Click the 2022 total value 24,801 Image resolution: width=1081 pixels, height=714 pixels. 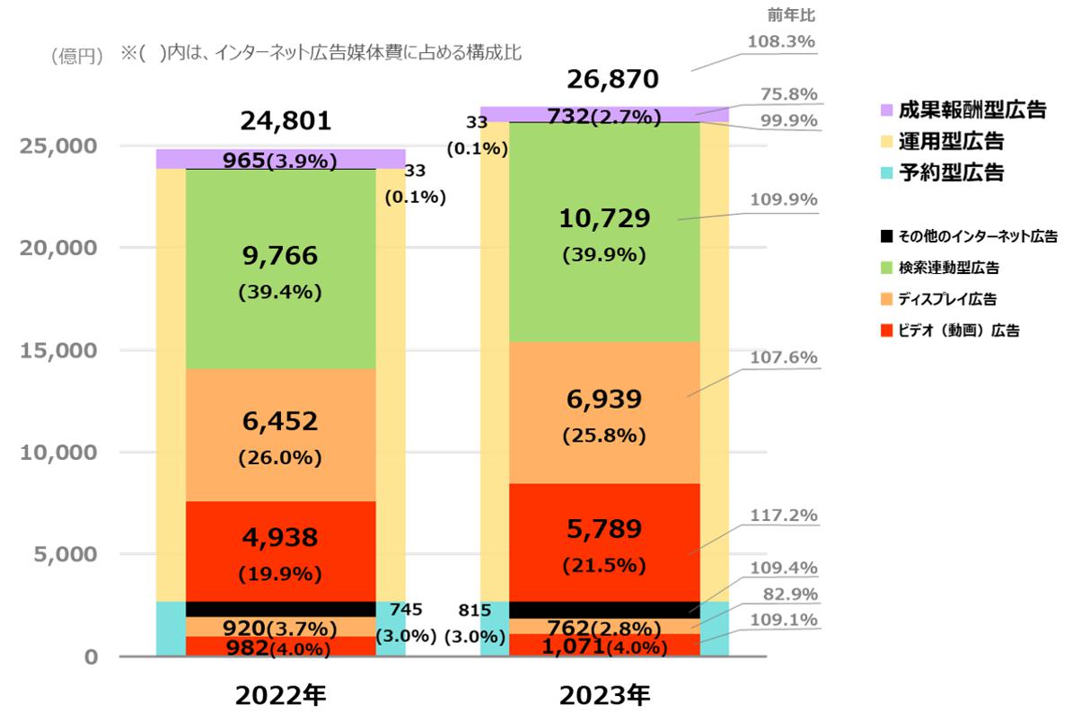pos(280,120)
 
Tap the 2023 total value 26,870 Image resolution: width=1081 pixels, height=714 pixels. pos(612,80)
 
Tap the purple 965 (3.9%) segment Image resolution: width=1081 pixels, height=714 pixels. pos(280,160)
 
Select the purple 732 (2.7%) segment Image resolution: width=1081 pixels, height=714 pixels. pos(603,115)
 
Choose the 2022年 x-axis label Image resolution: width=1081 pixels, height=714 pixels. pos(280,694)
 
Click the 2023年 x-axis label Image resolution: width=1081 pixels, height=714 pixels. pos(603,694)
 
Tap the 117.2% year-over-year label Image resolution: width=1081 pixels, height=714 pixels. pos(782,516)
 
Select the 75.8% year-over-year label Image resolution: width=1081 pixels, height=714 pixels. pos(782,94)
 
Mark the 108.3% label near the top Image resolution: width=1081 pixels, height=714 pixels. pos(782,41)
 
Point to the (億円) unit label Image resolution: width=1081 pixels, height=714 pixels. pos(78,56)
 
